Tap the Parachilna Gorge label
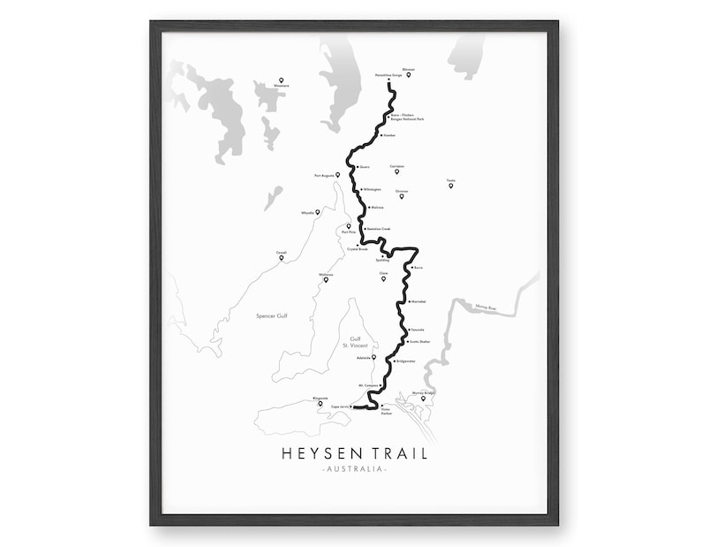click(x=388, y=75)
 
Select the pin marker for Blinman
click(x=408, y=74)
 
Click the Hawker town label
click(x=389, y=135)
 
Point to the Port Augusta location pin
click(x=337, y=175)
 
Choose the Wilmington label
click(x=372, y=189)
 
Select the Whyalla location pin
click(x=319, y=210)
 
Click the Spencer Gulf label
click(x=271, y=315)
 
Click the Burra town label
click(x=418, y=266)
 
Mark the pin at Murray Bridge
click(x=423, y=399)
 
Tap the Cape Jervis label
click(x=341, y=408)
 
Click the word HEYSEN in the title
click(x=313, y=453)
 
